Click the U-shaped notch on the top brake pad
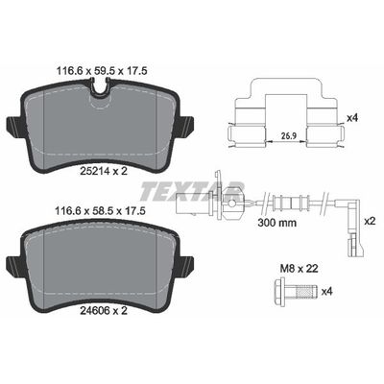click(x=98, y=88)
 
